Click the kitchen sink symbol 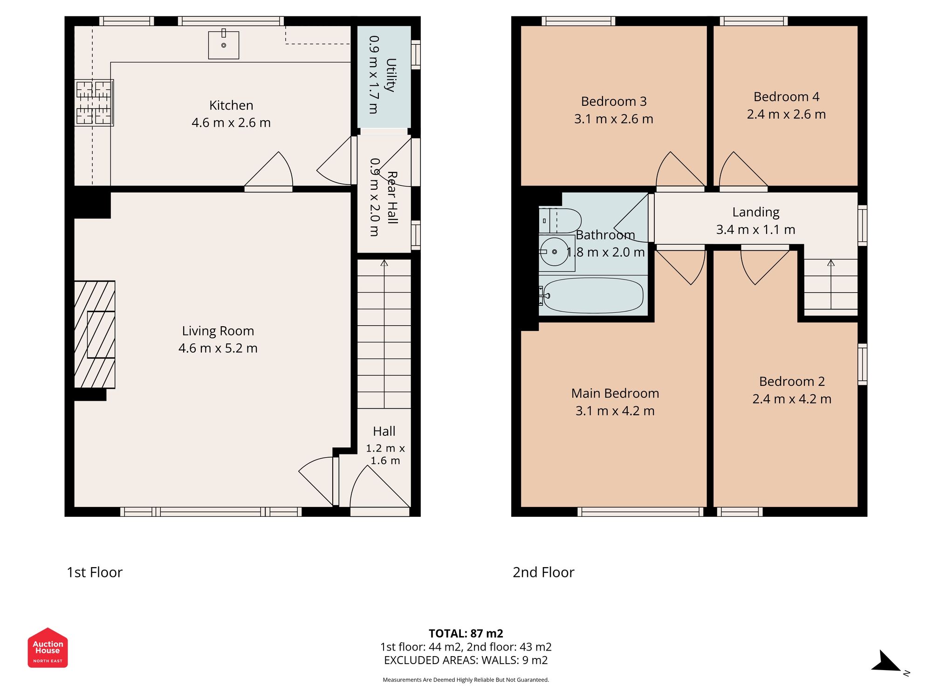pos(224,45)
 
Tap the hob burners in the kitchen pos(94,103)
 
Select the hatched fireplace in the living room pos(95,335)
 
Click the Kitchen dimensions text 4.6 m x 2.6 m pos(231,123)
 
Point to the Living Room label pos(218,331)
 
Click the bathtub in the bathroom pos(593,296)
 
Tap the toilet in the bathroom pos(561,221)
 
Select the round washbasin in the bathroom pos(555,252)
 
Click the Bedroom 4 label pos(786,97)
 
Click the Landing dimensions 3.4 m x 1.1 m pos(755,230)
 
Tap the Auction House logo pos(48,648)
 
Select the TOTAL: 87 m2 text pos(466,633)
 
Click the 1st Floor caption pos(95,572)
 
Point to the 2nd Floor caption pos(543,572)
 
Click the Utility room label pos(391,75)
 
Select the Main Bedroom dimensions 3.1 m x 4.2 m pos(615,411)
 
